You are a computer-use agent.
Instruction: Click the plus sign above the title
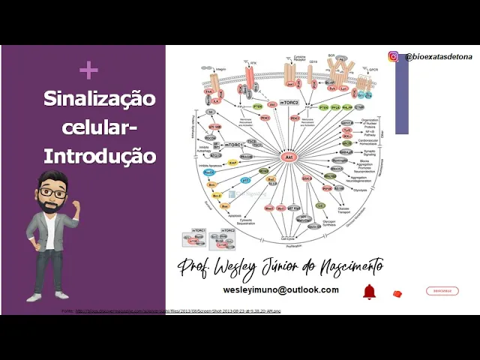[x=88, y=70]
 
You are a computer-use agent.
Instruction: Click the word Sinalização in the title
[x=99, y=98]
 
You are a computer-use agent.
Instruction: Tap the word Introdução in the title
[x=99, y=156]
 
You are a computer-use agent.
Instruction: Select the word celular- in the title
[x=99, y=127]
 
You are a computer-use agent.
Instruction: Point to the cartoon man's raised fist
[x=75, y=205]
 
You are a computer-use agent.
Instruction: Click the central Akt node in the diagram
[x=289, y=157]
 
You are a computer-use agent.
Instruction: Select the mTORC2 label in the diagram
[x=289, y=102]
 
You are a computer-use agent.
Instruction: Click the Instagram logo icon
[x=393, y=56]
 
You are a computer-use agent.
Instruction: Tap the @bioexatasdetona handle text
[x=438, y=57]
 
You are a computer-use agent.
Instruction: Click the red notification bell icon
[x=369, y=292]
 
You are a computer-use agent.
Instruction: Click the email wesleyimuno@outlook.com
[x=280, y=289]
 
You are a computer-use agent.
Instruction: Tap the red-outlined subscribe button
[x=442, y=291]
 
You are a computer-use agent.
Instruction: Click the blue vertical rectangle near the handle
[x=402, y=97]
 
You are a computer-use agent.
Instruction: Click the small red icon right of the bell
[x=397, y=293]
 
